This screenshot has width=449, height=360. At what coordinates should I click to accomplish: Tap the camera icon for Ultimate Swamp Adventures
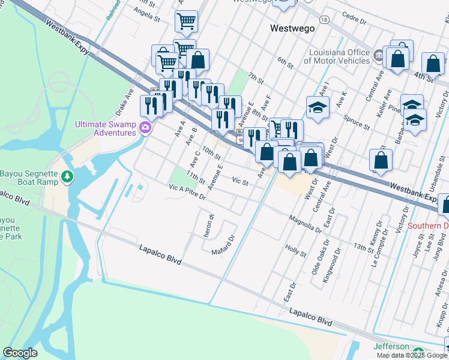[x=145, y=127]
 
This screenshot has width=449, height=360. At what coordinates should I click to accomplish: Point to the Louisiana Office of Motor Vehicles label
[x=336, y=56]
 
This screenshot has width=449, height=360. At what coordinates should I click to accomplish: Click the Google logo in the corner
[x=20, y=353]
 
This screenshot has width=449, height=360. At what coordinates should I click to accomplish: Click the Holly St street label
[x=296, y=249]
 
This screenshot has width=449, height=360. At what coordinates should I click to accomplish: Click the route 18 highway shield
[x=324, y=20]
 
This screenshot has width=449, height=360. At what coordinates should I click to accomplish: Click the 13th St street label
[x=363, y=246]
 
